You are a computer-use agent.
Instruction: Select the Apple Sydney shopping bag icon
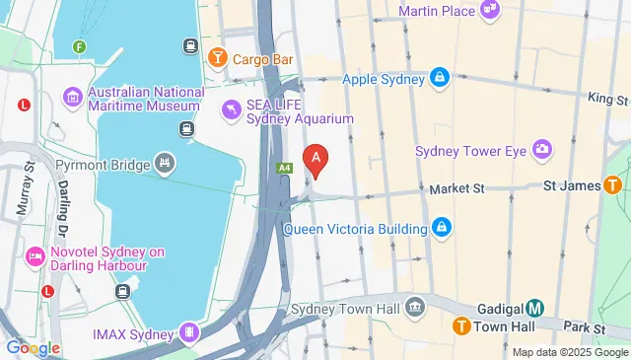point(440,78)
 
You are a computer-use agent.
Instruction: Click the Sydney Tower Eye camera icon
point(540,150)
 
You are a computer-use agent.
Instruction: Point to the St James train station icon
point(612,184)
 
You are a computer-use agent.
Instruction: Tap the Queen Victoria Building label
point(355,229)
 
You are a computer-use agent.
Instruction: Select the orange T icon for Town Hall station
point(460,326)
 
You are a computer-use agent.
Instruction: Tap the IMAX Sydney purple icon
point(189,335)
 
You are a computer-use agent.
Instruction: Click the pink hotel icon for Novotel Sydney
point(35,258)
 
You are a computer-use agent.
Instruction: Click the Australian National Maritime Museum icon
point(72,97)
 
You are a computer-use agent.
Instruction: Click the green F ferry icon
point(79,46)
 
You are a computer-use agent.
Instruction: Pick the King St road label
point(608,100)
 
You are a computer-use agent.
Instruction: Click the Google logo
point(33,347)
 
